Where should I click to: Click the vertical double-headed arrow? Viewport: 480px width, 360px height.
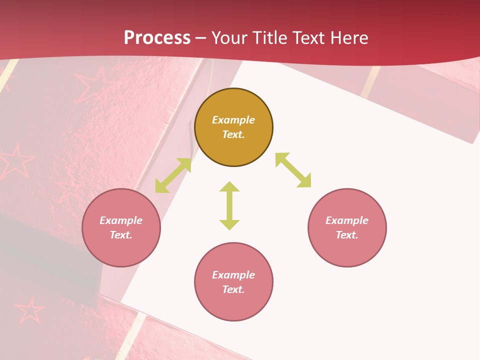(x=229, y=205)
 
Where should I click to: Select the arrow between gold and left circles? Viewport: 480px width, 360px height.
(x=173, y=175)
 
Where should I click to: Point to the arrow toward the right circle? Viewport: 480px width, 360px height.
(x=293, y=170)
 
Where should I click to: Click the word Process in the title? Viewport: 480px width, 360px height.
(x=157, y=37)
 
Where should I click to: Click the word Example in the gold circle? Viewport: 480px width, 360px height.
(x=233, y=120)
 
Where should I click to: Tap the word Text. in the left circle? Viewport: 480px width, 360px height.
(x=121, y=235)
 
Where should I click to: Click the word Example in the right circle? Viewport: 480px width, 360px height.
(x=347, y=220)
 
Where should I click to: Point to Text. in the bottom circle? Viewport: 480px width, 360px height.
(x=233, y=289)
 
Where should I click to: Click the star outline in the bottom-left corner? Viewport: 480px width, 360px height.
(x=29, y=311)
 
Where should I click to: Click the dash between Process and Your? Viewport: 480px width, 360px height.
(x=200, y=38)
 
